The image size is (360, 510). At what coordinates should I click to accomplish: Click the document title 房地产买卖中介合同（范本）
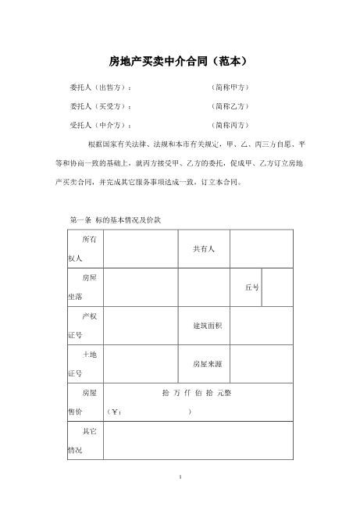[x=180, y=60]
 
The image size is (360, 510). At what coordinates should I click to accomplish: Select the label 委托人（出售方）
[x=101, y=87]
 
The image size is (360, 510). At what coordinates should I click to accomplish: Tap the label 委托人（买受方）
[x=101, y=106]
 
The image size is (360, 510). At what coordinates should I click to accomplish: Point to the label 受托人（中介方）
[x=101, y=125]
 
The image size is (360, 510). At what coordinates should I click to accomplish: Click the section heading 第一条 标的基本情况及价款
[x=115, y=220]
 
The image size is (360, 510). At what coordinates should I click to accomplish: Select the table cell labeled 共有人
[x=204, y=248]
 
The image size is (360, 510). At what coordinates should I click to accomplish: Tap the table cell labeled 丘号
[x=251, y=287]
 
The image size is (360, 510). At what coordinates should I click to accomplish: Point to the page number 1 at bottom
[x=180, y=476]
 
